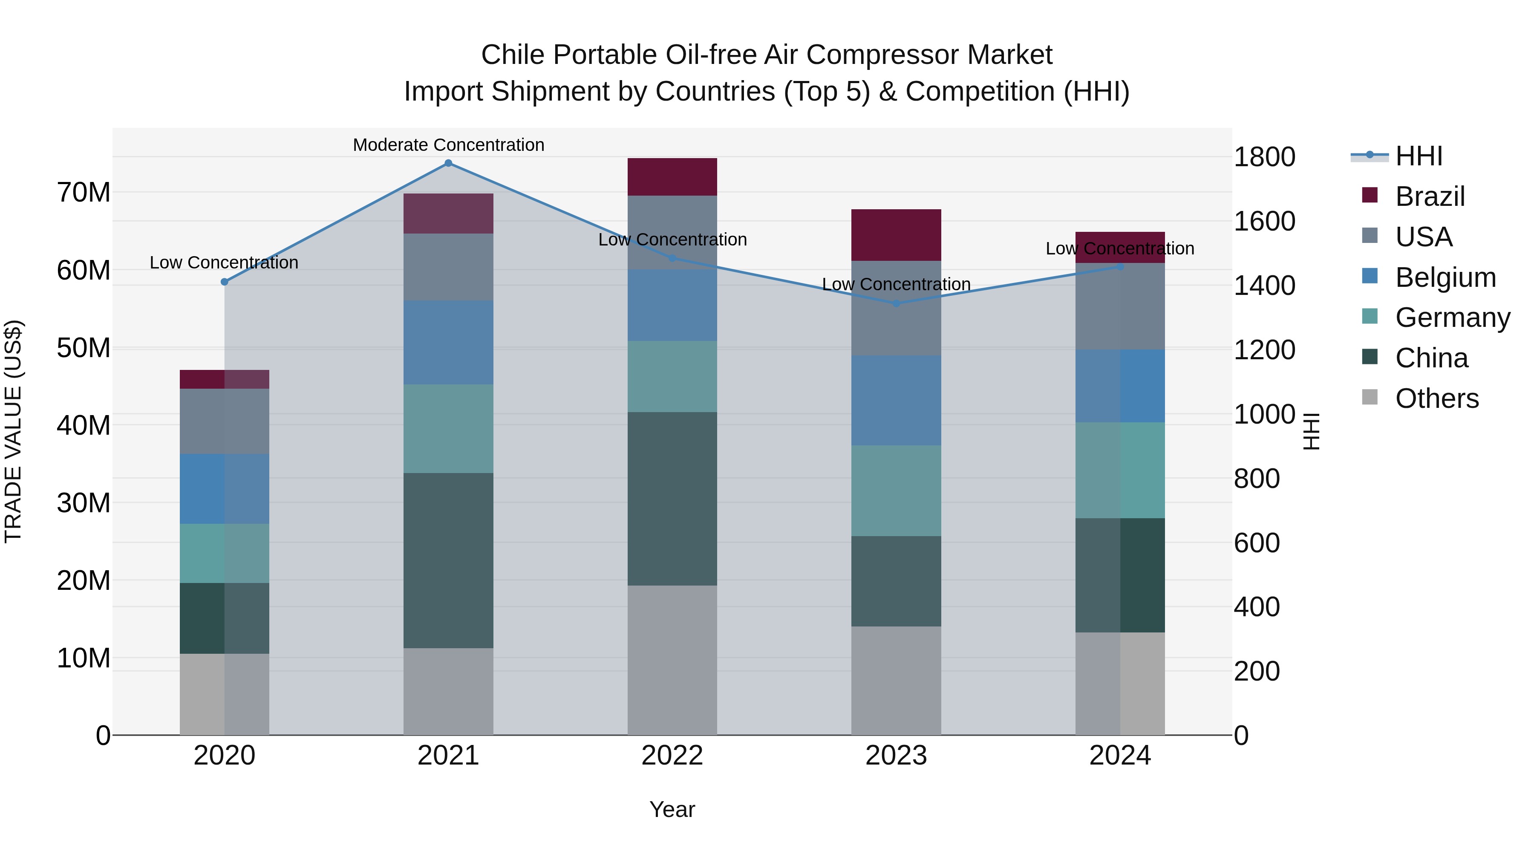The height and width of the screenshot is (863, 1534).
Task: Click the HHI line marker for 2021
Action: [x=448, y=163]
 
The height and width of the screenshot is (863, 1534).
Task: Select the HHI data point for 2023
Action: [x=896, y=304]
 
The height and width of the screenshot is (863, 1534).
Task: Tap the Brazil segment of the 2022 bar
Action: [x=672, y=177]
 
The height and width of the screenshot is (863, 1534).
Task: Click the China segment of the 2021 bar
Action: [x=448, y=560]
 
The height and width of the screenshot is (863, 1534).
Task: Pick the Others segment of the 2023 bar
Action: [x=896, y=680]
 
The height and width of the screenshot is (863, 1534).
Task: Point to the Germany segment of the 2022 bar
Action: [x=672, y=376]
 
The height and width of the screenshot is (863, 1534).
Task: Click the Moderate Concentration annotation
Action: [x=448, y=145]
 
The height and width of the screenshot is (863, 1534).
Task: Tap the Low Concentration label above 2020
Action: [x=224, y=263]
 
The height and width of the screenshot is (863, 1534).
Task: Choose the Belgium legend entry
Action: [x=1445, y=277]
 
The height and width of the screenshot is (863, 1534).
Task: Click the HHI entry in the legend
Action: [x=1419, y=156]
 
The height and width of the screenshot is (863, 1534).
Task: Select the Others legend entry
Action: [x=1436, y=398]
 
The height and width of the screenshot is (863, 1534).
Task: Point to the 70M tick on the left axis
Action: [x=84, y=192]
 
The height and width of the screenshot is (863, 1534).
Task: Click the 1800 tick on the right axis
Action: [x=1264, y=157]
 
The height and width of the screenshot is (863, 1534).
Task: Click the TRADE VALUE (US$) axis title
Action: [x=13, y=431]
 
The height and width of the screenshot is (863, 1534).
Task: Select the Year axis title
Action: [x=672, y=809]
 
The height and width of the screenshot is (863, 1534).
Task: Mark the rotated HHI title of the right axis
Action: [x=1312, y=431]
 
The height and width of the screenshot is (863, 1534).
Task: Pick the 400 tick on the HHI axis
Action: [x=1257, y=607]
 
